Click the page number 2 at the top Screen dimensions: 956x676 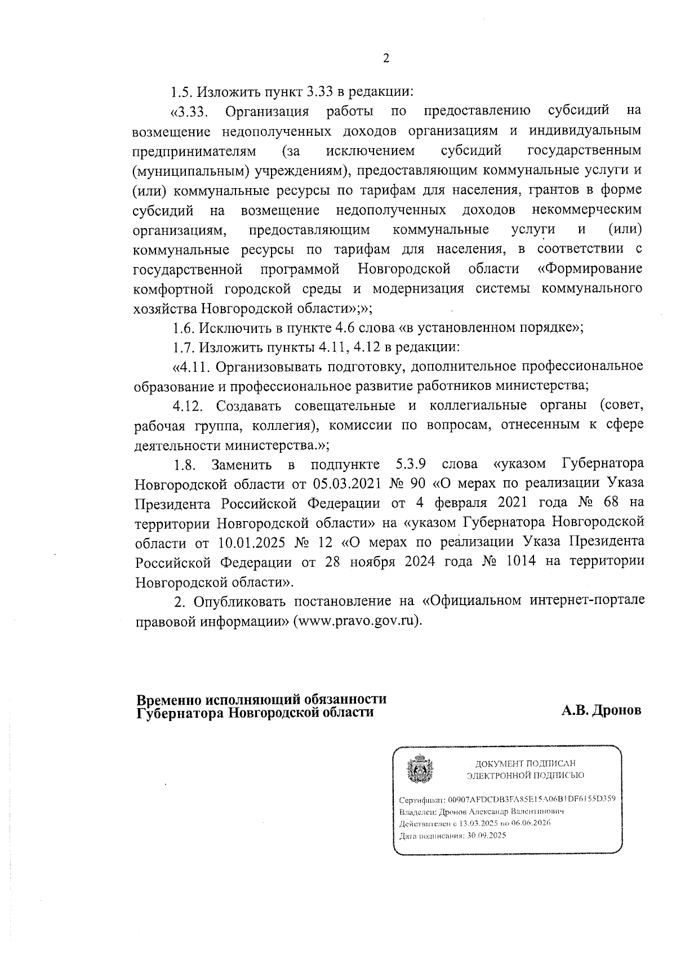(x=386, y=59)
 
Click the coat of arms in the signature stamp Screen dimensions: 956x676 (x=419, y=769)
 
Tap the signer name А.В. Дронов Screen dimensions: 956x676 (x=601, y=711)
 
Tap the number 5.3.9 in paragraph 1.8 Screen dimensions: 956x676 (x=407, y=465)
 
